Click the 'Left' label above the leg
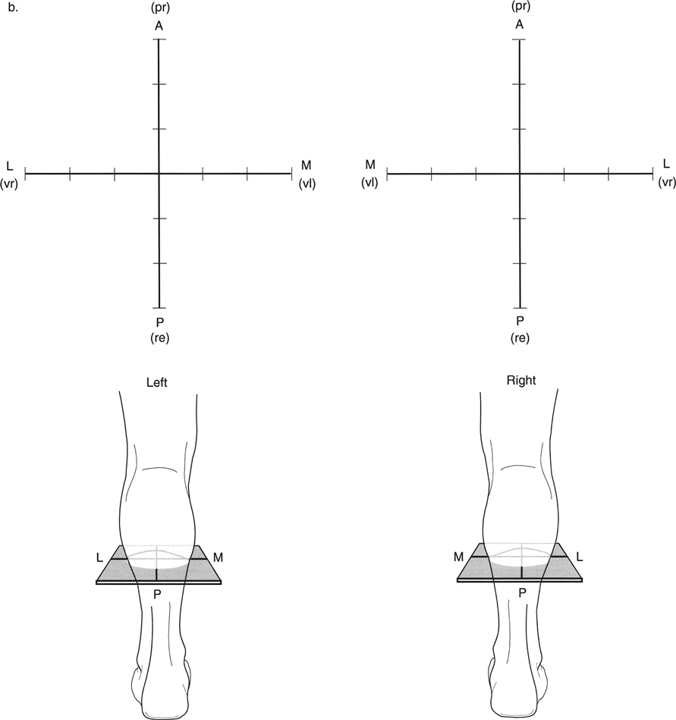156,382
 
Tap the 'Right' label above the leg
521,380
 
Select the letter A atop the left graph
159,26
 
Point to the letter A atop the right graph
520,24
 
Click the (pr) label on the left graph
160,8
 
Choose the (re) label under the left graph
160,338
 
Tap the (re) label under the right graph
520,338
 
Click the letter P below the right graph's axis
520,320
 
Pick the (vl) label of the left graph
307,184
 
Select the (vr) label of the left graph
9,184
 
